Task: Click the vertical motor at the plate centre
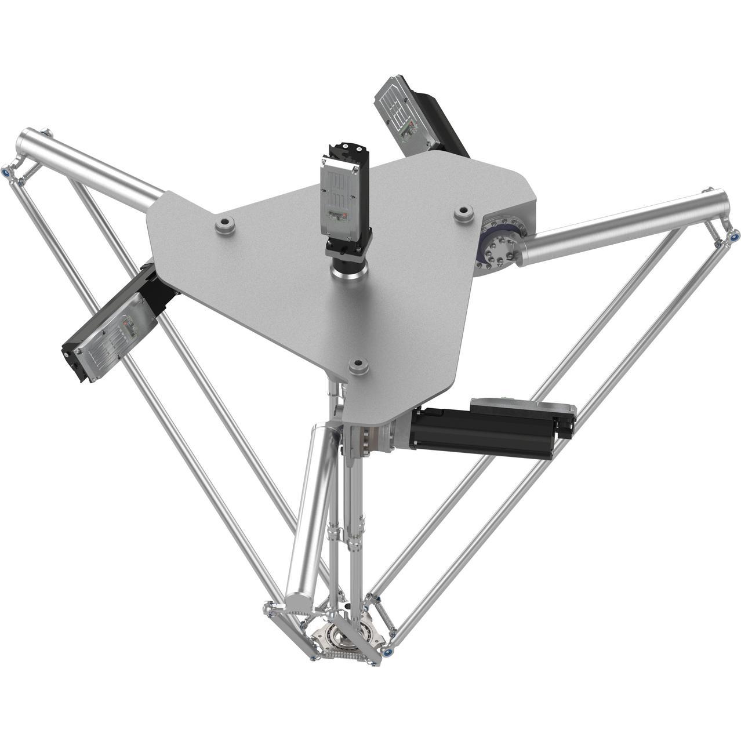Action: pyautogui.click(x=345, y=194)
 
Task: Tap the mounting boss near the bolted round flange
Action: pyautogui.click(x=463, y=213)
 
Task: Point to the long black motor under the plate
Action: pyautogui.click(x=487, y=432)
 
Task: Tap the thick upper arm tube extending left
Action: pyautogui.click(x=87, y=165)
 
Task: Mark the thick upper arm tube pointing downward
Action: pyautogui.click(x=313, y=510)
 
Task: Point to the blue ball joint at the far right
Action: pyautogui.click(x=734, y=235)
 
